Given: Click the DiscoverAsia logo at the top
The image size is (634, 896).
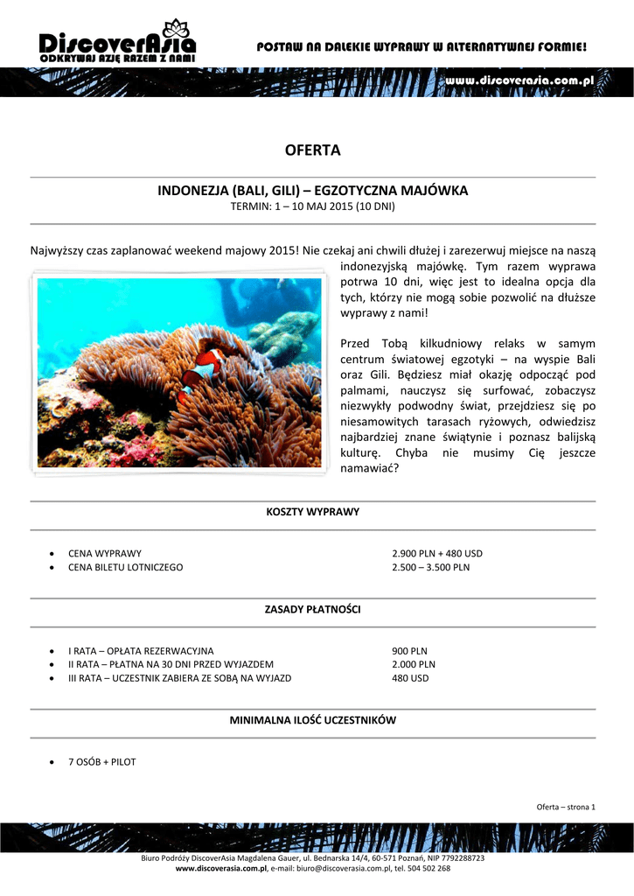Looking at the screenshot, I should tap(118, 41).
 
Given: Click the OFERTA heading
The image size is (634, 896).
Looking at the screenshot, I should tap(312, 150).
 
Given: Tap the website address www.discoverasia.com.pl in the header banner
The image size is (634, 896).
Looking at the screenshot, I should tap(519, 80).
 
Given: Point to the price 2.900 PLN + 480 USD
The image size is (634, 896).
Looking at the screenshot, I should tap(436, 554).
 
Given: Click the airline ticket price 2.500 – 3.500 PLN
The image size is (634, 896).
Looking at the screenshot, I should tap(430, 567).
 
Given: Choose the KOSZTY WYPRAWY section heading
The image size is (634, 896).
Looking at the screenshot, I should tap(312, 511).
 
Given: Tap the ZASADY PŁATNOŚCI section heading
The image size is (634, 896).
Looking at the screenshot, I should tap(312, 608).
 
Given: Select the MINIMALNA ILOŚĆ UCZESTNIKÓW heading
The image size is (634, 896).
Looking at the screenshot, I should tap(312, 720).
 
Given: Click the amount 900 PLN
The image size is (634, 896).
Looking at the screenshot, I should tap(409, 651).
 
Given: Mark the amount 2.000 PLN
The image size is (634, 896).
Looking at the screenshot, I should tap(414, 664).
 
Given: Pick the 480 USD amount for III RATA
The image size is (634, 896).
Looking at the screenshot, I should tap(410, 678).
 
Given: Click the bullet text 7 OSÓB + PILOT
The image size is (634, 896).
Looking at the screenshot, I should tap(102, 762).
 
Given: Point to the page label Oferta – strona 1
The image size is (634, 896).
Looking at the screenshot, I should tap(565, 807).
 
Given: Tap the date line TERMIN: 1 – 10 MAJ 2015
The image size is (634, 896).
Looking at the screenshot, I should tap(312, 207).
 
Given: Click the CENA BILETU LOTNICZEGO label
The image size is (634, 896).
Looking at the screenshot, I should tap(126, 567).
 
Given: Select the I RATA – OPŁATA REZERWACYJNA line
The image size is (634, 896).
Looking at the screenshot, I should tap(141, 651).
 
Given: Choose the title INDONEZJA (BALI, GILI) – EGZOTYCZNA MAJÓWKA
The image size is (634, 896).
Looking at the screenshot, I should tap(312, 190).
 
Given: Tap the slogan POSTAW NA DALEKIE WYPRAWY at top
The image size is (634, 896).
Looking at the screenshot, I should tap(422, 45).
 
